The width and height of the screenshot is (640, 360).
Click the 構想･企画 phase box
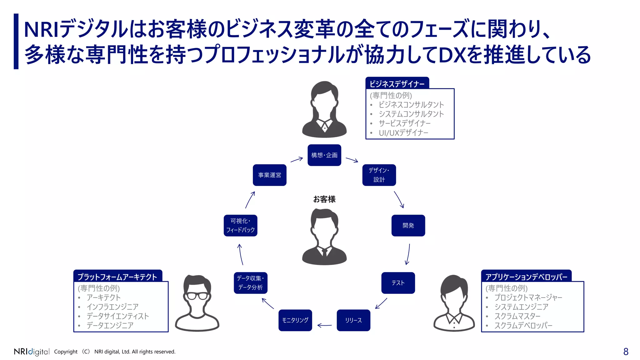pyautogui.click(x=324, y=155)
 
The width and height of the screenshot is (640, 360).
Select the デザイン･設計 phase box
pyautogui.click(x=379, y=175)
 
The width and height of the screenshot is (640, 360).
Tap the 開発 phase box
pyautogui.click(x=408, y=225)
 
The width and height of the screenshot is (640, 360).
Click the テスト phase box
pyautogui.click(x=398, y=283)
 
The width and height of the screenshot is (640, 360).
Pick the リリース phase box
pyautogui.click(x=353, y=320)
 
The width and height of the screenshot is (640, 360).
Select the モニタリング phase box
pyautogui.click(x=295, y=320)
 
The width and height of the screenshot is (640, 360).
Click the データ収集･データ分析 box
pyautogui.click(x=250, y=283)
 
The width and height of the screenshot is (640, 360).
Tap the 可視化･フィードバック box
pyautogui.click(x=240, y=225)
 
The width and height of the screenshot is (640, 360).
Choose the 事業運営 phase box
pyautogui.click(x=269, y=175)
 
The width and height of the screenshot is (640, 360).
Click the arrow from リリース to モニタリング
pyautogui.click(x=324, y=325)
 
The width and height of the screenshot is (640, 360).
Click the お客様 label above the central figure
pyautogui.click(x=324, y=199)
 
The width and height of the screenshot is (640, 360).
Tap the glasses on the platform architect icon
pyautogui.click(x=197, y=296)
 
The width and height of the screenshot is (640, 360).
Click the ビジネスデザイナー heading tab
pyautogui.click(x=397, y=84)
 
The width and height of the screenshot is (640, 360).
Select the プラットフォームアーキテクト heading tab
pyautogui.click(x=117, y=277)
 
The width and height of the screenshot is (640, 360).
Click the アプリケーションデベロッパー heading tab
pyautogui.click(x=526, y=277)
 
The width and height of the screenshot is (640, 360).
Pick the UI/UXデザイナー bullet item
pyautogui.click(x=403, y=133)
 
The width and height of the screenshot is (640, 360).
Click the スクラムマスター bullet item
pyautogui.click(x=517, y=316)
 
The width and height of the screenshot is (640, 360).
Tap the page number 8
pyautogui.click(x=626, y=352)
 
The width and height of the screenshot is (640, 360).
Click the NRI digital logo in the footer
pyautogui.click(x=32, y=352)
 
